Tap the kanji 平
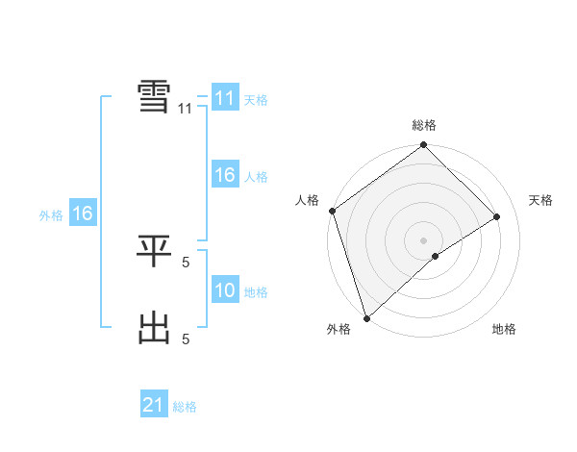tap(155, 252)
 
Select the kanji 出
tap(155, 329)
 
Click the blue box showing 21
tap(154, 406)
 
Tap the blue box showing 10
tap(224, 290)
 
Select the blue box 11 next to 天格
tap(224, 98)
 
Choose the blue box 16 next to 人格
tap(224, 175)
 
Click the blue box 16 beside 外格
tap(82, 213)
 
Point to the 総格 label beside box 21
tap(185, 407)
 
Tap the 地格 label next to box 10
tap(256, 291)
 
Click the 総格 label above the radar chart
tap(424, 125)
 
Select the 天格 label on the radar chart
tap(540, 200)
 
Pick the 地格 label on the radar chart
tap(504, 329)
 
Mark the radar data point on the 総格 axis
tap(424, 146)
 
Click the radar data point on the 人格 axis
tap(332, 211)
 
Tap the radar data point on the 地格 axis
tap(436, 256)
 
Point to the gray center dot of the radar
tap(424, 239)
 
